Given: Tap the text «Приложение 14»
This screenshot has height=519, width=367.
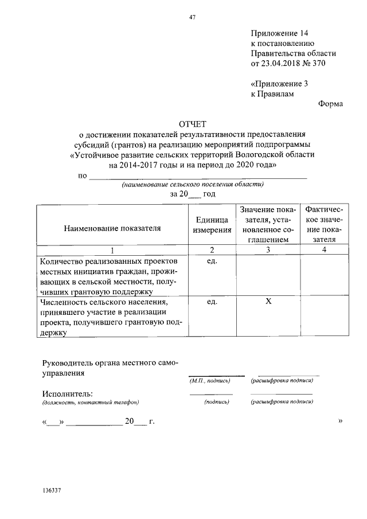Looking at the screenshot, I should coord(283,33).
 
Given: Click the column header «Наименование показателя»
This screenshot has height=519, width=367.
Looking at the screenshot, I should coord(112,228).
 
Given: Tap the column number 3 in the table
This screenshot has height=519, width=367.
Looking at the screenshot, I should coord(268,249).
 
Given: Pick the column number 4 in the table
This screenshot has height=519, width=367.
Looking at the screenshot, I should coord(324,249).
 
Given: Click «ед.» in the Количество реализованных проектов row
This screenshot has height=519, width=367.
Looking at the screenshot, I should coord(212,261).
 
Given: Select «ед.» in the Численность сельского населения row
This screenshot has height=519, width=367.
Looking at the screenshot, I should coord(212,302).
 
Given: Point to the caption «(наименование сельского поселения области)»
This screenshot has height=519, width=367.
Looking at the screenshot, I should coord(193,185).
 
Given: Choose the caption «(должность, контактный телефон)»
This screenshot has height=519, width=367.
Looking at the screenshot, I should coord(90,403).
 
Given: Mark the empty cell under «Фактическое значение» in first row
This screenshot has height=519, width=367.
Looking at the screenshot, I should coord(324,276).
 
